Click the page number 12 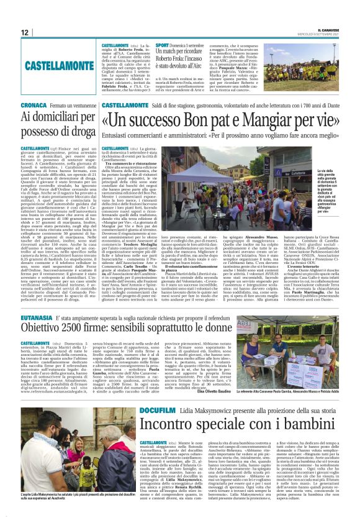[25, 32]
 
